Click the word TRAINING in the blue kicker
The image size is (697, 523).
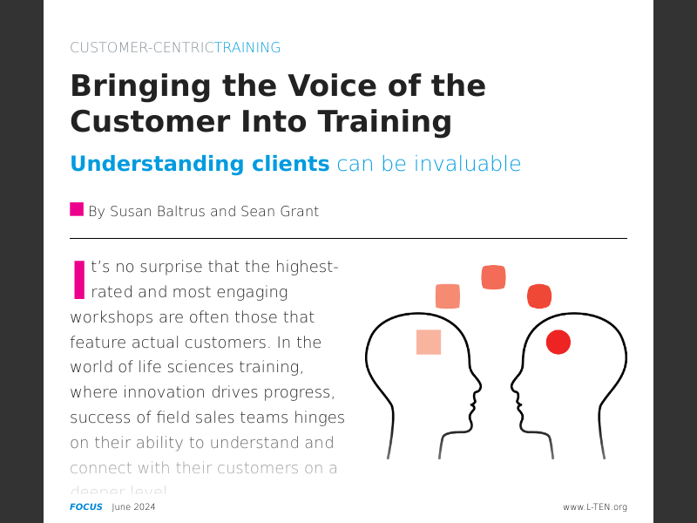click(x=247, y=48)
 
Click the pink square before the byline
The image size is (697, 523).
click(x=77, y=209)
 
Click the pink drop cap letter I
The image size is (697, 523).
click(x=79, y=280)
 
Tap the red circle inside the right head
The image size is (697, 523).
click(x=558, y=343)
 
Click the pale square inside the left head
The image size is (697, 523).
click(x=429, y=343)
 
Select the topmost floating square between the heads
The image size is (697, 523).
click(x=494, y=277)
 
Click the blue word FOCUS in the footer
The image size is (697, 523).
click(x=86, y=507)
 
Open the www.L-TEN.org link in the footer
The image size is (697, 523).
click(x=595, y=507)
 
